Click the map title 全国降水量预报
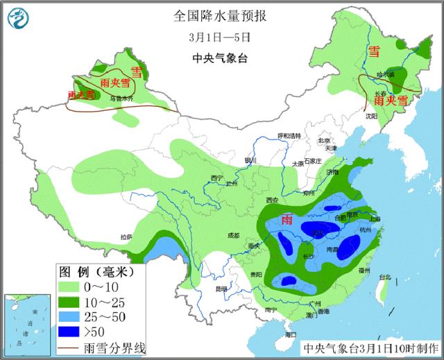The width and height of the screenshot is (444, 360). click(221, 15)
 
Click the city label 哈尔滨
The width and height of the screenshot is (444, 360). click(384, 74)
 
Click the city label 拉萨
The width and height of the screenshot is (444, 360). click(126, 237)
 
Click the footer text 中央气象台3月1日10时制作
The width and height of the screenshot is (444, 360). click(369, 348)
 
